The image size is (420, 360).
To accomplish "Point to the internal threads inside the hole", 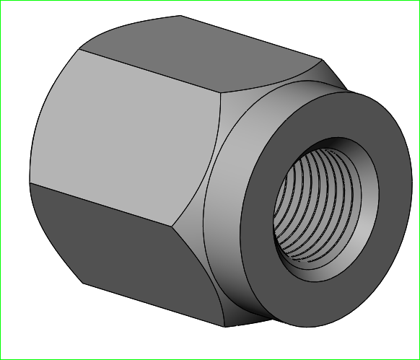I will (318, 209).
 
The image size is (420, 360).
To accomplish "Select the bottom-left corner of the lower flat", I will (84, 284).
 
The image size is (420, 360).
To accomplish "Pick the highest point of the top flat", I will (180, 16).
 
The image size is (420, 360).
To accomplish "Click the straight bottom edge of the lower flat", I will (152, 303).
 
